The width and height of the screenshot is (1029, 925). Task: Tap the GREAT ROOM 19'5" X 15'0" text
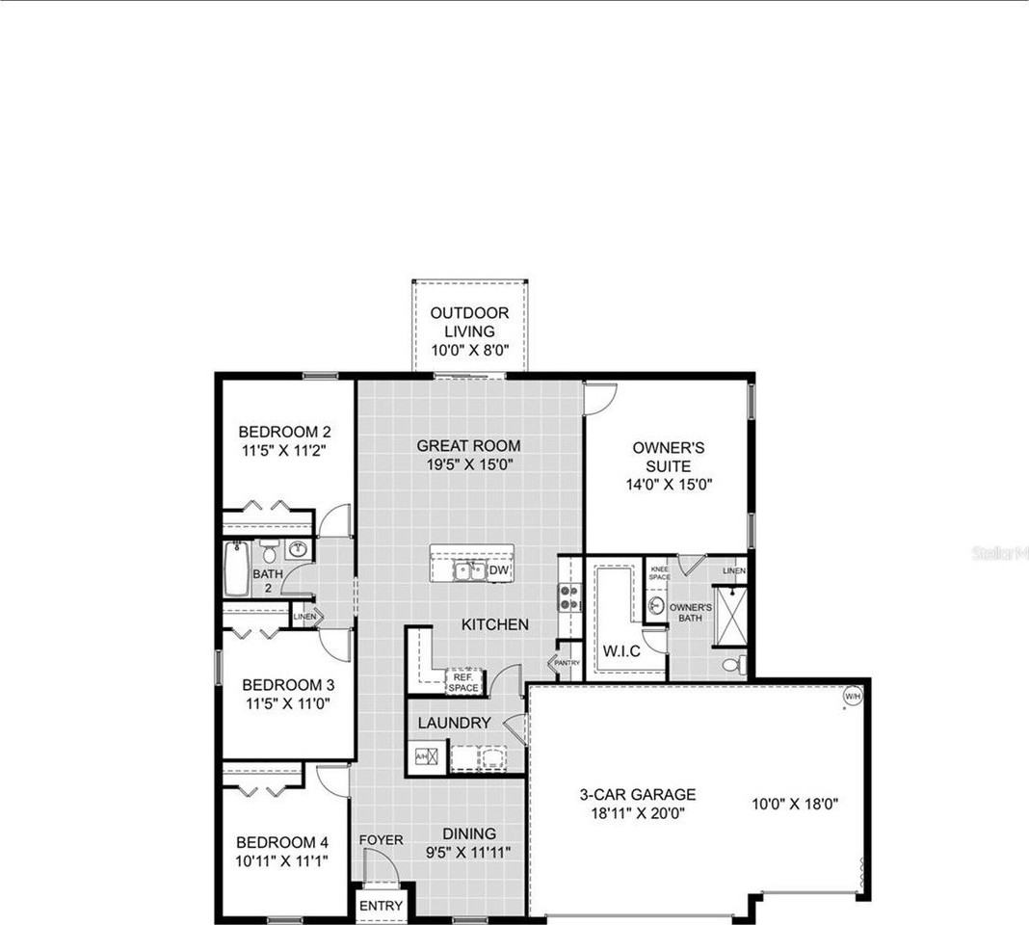[468, 455]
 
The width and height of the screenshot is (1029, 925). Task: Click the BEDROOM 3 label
[286, 694]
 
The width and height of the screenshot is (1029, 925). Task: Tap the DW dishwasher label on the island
[498, 571]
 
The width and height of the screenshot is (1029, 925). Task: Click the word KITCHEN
[494, 624]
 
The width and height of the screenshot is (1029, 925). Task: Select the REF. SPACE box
[463, 681]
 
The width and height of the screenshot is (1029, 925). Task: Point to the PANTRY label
[567, 663]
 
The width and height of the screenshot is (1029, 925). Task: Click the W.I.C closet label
[621, 651]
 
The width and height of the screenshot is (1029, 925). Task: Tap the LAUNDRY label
[454, 723]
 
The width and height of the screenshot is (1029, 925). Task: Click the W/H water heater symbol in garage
[852, 696]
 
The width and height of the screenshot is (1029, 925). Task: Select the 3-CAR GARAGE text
[637, 804]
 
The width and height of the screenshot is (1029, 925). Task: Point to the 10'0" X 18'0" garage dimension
[795, 804]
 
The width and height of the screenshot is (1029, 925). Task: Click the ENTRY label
[382, 906]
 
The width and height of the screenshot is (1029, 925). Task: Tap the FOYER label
[382, 840]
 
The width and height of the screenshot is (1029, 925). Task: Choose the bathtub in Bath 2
[237, 568]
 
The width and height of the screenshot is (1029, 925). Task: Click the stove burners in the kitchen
[569, 597]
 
